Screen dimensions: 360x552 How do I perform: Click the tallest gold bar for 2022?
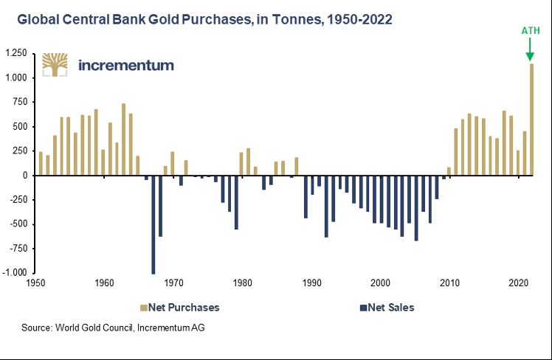click(x=531, y=120)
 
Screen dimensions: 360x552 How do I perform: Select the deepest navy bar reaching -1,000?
click(x=153, y=224)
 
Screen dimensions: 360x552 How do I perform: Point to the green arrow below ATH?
click(x=530, y=49)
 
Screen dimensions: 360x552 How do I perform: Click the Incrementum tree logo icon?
click(x=56, y=65)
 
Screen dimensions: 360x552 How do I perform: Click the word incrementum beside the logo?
click(x=125, y=65)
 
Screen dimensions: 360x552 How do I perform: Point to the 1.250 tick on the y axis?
click(x=15, y=54)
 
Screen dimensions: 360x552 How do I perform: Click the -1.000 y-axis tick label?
click(x=14, y=273)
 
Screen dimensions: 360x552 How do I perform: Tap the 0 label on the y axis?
click(x=24, y=176)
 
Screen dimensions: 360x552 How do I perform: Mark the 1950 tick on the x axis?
click(x=35, y=283)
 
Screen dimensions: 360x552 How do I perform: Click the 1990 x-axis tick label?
click(x=311, y=283)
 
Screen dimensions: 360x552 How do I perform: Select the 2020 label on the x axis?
click(x=519, y=283)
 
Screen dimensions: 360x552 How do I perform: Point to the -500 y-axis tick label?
click(x=18, y=224)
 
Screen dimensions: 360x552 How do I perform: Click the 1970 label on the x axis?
click(x=173, y=283)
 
